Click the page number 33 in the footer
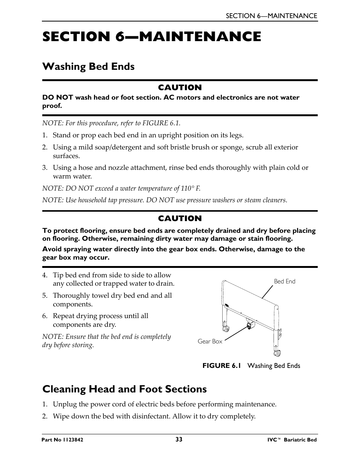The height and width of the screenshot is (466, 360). pos(179,439)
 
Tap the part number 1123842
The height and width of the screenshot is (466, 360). pos(72,440)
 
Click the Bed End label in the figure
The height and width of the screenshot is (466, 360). pos(285,281)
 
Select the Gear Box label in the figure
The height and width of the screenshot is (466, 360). pos(210,341)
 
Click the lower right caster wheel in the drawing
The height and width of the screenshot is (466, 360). pos(277,353)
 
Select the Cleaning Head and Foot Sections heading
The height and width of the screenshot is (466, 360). pos(125,389)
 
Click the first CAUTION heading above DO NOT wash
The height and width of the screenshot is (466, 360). pos(180,88)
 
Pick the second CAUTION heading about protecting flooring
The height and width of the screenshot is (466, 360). pos(180,218)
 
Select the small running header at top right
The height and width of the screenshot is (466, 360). pos(271,16)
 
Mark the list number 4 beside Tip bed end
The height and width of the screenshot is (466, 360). pos(45,275)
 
